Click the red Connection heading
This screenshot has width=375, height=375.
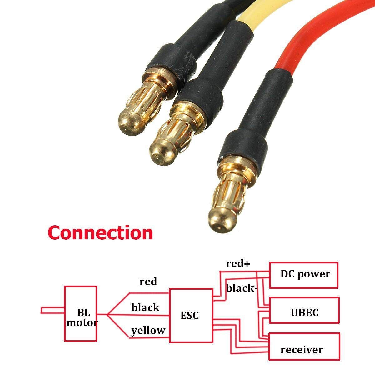100,232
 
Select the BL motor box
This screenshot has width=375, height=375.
81,314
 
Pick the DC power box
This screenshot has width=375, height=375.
303,275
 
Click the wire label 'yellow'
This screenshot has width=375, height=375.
148,331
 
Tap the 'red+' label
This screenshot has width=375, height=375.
238,264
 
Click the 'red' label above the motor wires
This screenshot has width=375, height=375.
148,282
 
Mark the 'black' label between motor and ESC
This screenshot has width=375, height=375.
145,308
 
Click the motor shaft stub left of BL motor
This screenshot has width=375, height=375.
52,310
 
